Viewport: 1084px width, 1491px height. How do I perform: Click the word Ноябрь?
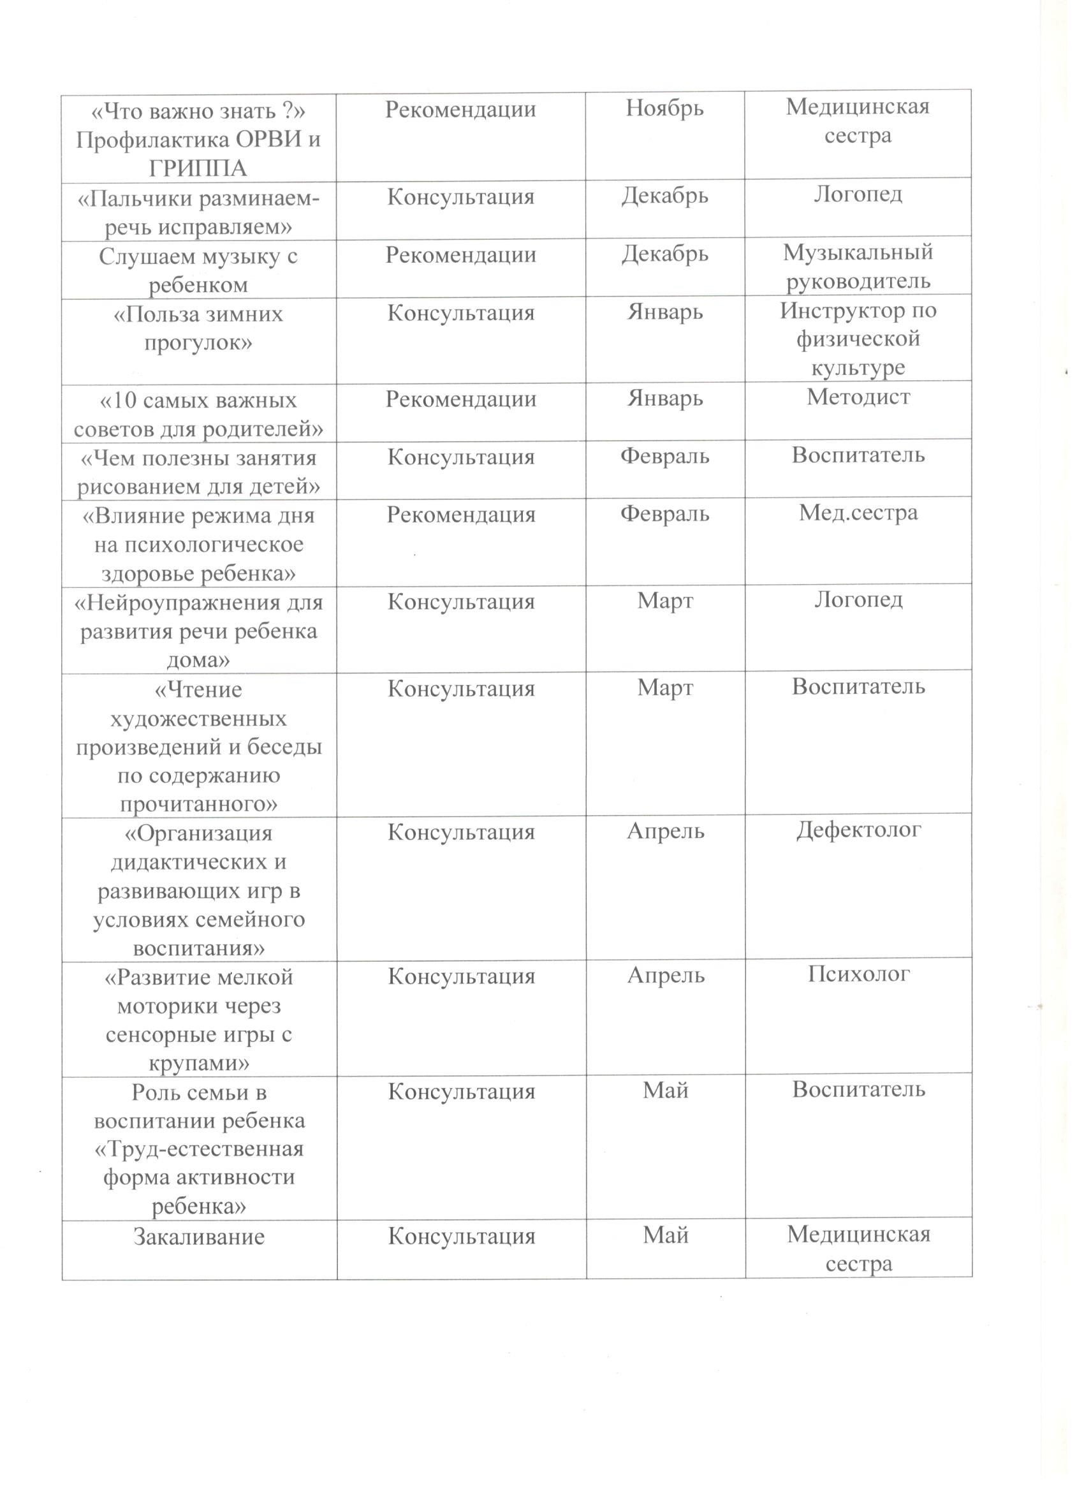click(664, 108)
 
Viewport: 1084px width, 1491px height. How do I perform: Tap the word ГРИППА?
click(198, 168)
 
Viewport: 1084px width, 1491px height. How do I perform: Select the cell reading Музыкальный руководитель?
click(858, 267)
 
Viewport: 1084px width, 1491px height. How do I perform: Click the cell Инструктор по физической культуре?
click(858, 339)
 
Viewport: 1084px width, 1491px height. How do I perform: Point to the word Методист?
click(858, 397)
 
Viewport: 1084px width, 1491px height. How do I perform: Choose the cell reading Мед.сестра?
click(858, 513)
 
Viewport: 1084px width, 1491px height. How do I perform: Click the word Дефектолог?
click(858, 830)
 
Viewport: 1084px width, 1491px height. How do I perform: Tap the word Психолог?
click(858, 974)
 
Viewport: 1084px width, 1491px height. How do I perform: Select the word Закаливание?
click(198, 1237)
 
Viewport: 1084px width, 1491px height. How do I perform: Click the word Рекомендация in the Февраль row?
click(461, 514)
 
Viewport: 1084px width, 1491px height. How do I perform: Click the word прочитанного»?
click(198, 804)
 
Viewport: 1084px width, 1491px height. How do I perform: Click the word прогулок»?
click(198, 342)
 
